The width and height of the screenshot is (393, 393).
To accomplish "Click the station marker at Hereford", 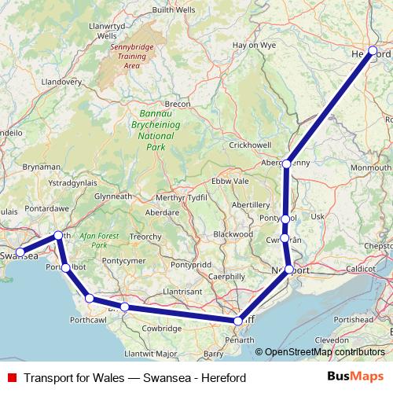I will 373,52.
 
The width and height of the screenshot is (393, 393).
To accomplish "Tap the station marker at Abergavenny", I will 287,163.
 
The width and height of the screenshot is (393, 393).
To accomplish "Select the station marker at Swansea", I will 20,253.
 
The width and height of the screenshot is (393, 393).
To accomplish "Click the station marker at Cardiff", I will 238,321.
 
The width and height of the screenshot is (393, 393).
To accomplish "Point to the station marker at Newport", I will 289,270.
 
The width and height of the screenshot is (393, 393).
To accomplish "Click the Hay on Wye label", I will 254,46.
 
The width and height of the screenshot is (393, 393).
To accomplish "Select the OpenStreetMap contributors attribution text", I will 325,352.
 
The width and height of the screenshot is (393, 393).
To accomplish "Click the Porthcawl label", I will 88,320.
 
